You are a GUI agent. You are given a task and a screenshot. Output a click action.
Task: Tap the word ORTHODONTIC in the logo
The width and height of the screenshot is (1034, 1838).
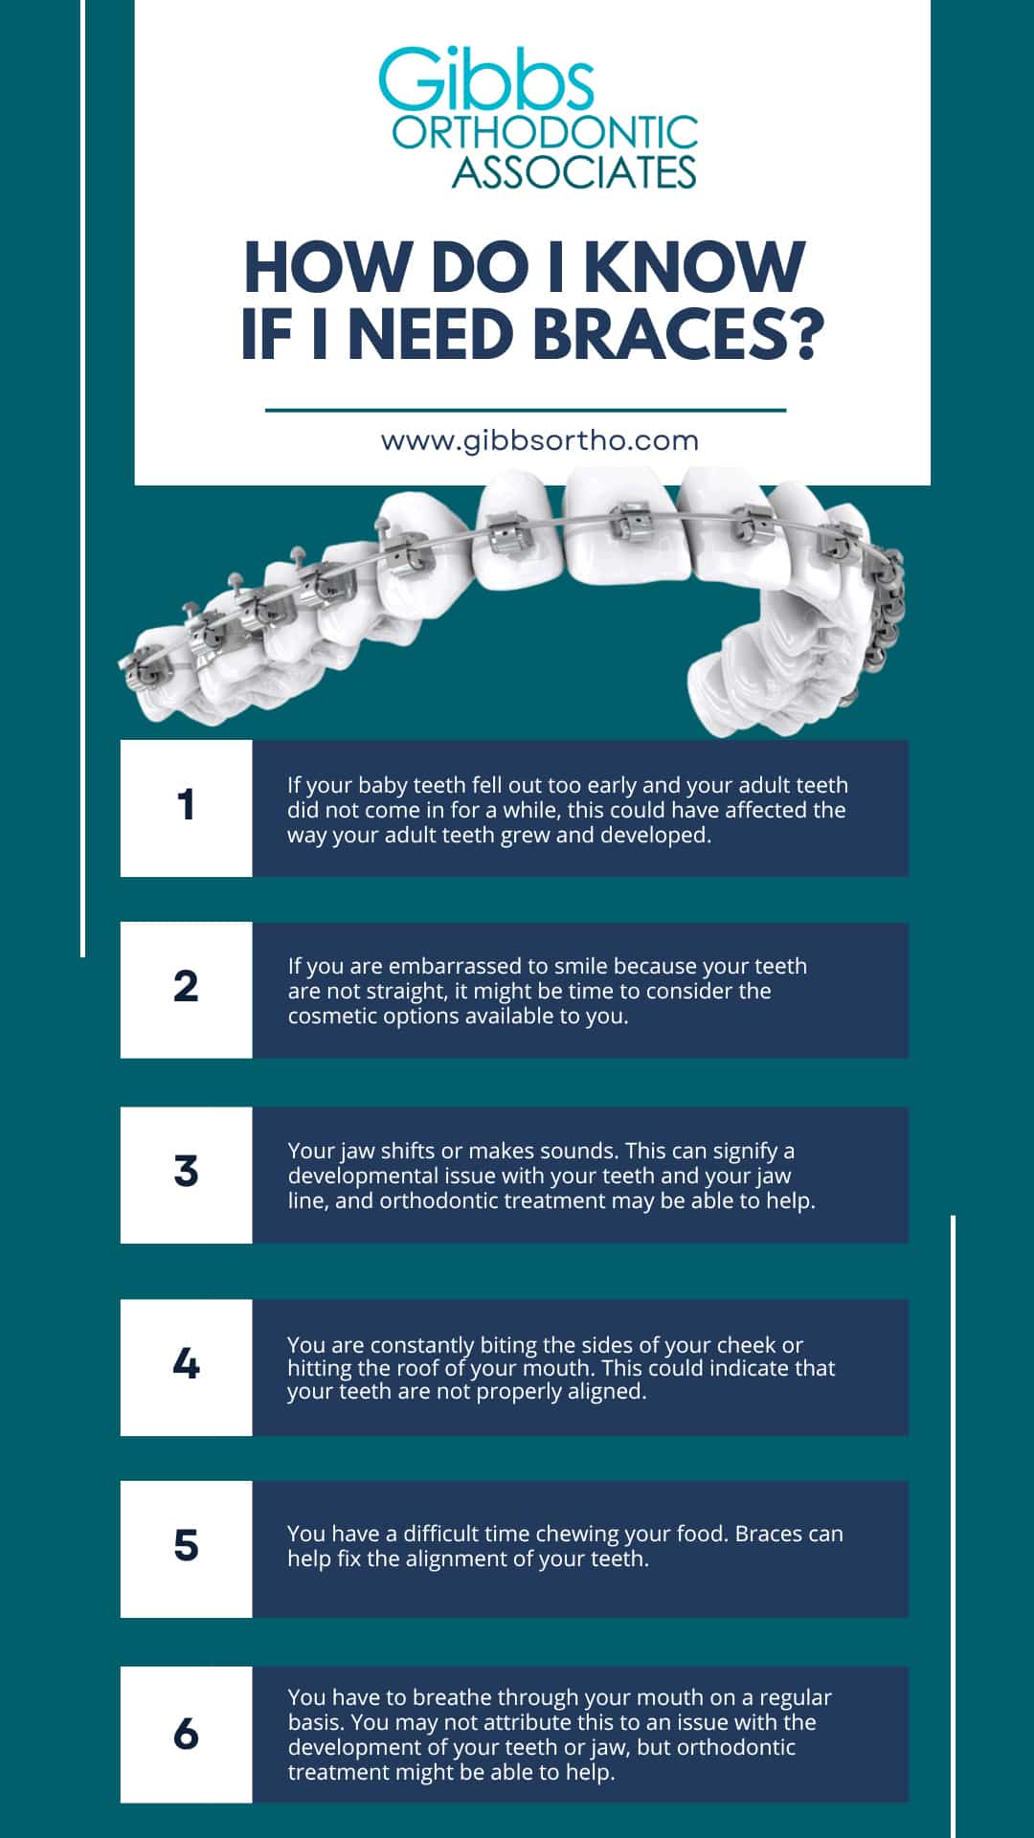coord(545,134)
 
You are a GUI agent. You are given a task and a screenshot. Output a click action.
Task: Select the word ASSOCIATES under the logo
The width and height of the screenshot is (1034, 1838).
coord(573,172)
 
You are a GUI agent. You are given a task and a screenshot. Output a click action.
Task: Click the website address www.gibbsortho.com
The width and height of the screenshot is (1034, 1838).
coord(540,441)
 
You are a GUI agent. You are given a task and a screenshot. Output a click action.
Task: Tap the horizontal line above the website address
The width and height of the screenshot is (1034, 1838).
coord(525,410)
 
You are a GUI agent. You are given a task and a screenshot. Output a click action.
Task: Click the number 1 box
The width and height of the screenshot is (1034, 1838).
coord(186,806)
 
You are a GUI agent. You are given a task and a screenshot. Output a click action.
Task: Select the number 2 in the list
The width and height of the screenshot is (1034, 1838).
coord(186,987)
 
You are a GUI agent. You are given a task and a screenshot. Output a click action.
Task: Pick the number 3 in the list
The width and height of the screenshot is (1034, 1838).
coord(186,1172)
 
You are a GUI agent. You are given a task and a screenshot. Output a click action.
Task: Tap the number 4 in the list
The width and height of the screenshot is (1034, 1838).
coord(186,1363)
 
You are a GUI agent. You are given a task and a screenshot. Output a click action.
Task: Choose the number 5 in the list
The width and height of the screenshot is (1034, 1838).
coord(186,1546)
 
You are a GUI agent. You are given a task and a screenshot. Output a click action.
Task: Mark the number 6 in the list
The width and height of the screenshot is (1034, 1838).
coord(186,1734)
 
